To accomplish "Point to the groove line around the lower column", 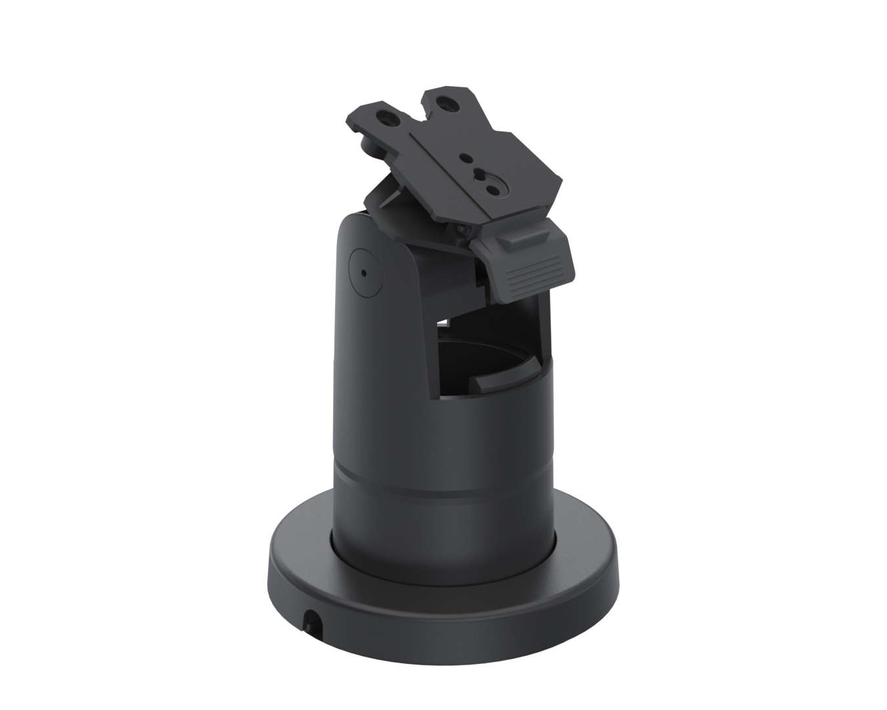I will tap(444, 473).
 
